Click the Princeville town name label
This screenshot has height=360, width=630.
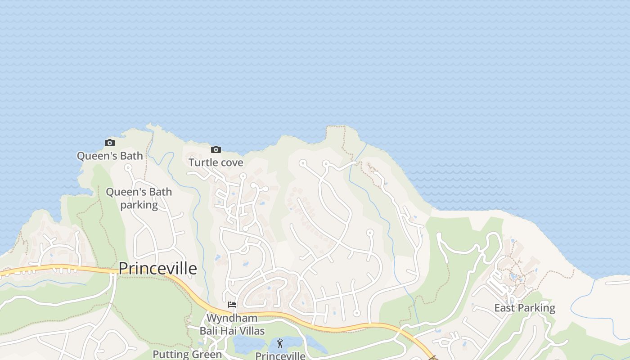(157, 269)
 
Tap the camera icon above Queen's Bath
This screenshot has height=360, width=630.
(109, 143)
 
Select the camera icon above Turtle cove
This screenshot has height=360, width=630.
(216, 150)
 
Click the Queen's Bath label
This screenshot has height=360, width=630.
(110, 156)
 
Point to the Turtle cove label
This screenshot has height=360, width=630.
(216, 162)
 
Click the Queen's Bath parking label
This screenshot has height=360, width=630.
(139, 198)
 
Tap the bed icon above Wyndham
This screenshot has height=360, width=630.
(232, 305)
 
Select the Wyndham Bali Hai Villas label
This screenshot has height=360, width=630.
(232, 324)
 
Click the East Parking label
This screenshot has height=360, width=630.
(525, 308)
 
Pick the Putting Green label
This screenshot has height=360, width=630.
(187, 354)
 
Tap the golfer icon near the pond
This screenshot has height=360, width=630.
(280, 344)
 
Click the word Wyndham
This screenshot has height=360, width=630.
(232, 318)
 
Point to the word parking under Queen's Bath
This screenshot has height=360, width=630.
(139, 205)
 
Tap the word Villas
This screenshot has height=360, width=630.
(252, 331)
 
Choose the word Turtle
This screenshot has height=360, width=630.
(202, 162)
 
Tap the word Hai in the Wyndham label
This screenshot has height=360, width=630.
(228, 331)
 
